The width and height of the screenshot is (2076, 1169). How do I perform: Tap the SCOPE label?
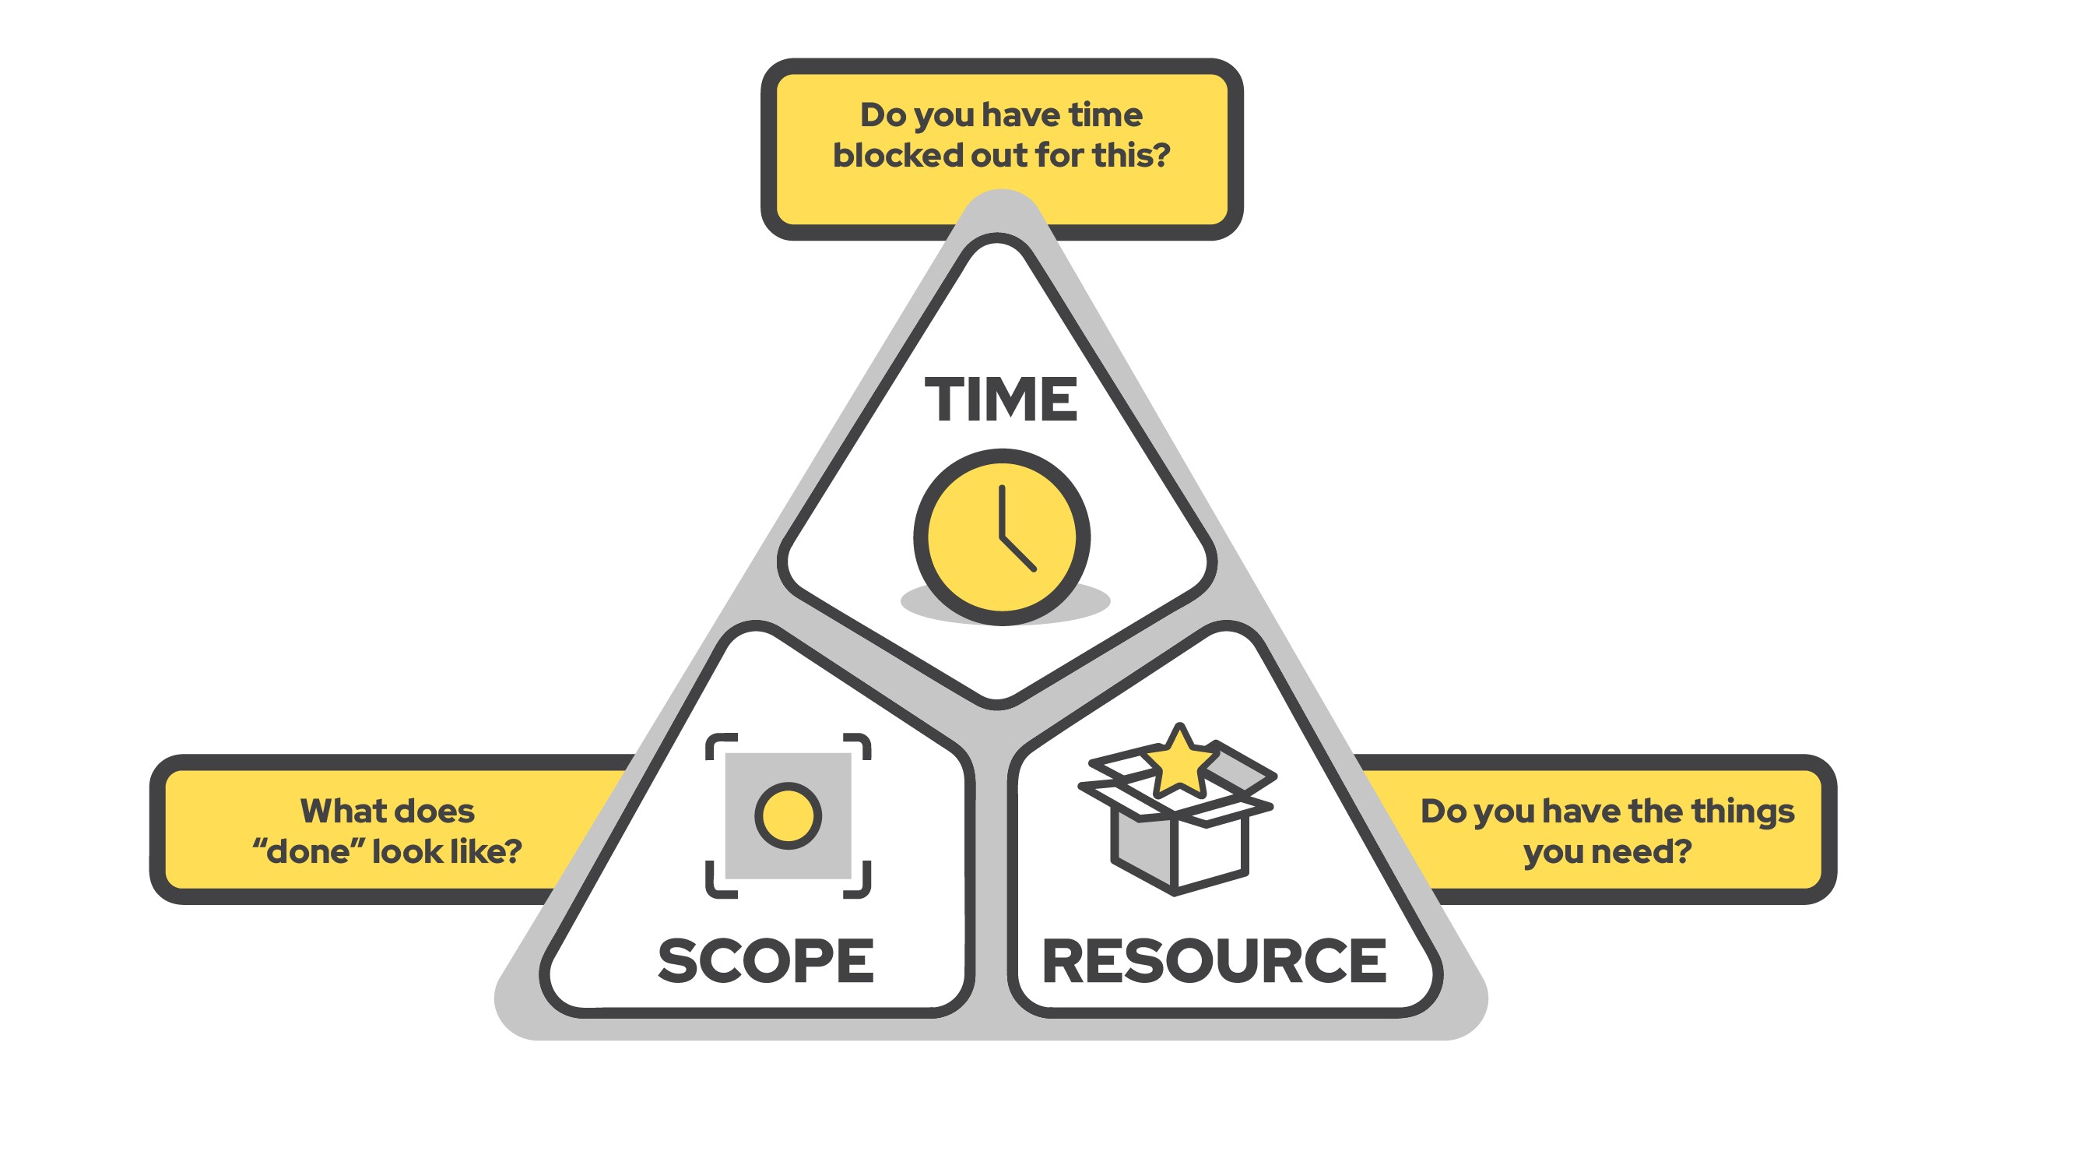click(x=766, y=960)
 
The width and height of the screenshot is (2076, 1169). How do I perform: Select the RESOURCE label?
click(x=1214, y=960)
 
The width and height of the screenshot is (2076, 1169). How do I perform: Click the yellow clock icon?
click(x=1001, y=537)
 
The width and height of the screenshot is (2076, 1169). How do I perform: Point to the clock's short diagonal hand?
click(x=1018, y=553)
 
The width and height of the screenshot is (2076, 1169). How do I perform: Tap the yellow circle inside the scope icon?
click(x=788, y=815)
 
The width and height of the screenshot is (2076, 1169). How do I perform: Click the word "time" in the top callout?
click(x=1105, y=115)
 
